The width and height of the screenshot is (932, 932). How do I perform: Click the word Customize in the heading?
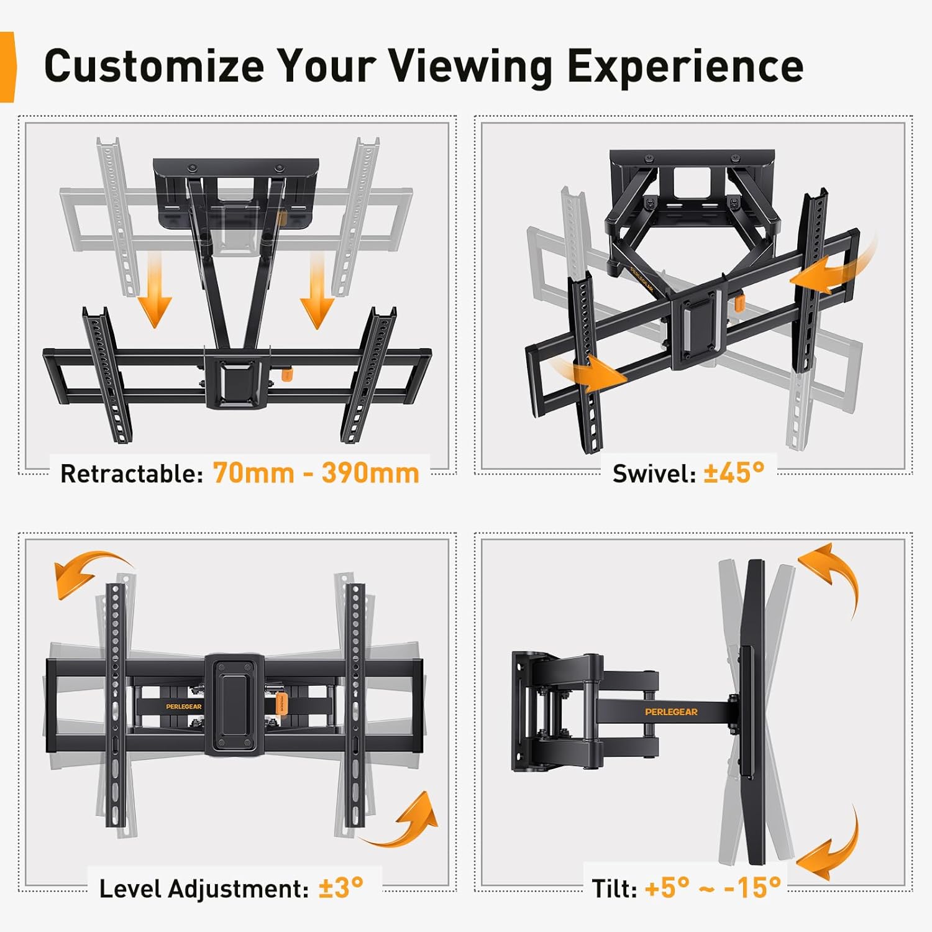[154, 66]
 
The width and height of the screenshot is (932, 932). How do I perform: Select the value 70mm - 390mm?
[316, 473]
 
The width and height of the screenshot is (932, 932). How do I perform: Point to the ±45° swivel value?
[734, 473]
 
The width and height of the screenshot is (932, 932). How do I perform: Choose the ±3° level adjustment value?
[340, 888]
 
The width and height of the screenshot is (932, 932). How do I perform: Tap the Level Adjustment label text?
[204, 889]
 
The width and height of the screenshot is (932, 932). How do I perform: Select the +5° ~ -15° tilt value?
[713, 888]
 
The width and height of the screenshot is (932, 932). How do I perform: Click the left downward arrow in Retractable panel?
[154, 292]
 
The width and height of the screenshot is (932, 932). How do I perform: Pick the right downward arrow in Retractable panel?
[318, 292]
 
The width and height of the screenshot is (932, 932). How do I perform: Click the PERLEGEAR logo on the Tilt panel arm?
[671, 711]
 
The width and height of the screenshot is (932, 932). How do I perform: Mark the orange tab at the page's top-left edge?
[7, 67]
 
